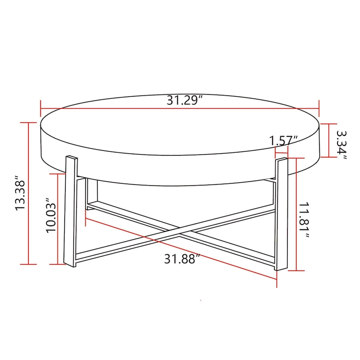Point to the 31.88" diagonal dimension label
182,259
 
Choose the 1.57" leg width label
284,140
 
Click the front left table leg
71,211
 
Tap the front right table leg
280,214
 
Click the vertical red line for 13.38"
29,193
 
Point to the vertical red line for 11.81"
296,214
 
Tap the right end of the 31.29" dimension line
319,108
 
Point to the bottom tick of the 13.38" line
29,264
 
